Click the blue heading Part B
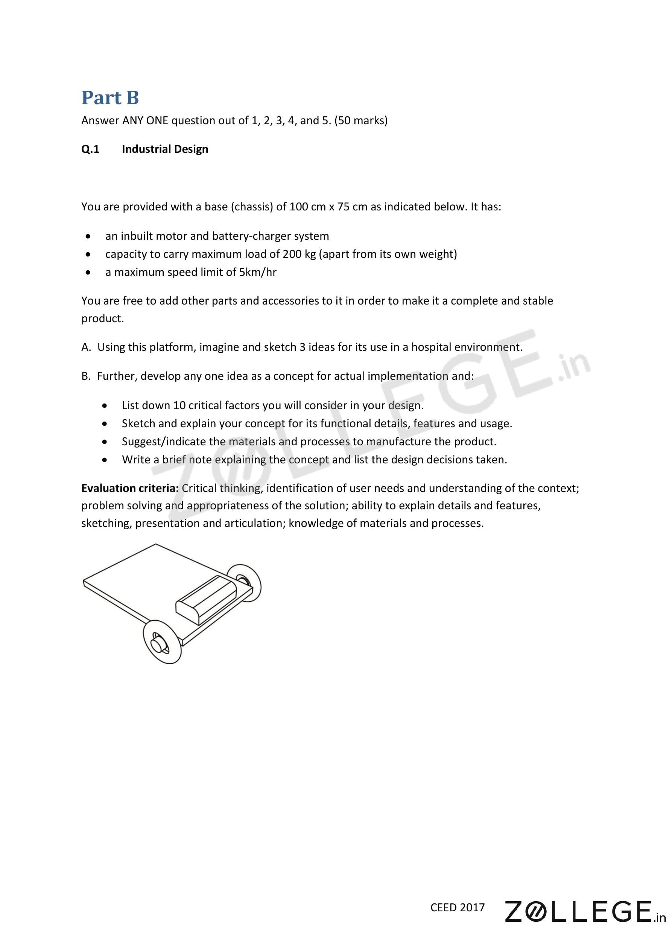click(110, 98)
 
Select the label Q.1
click(90, 149)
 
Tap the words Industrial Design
click(165, 149)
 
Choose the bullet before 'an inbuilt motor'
click(88, 237)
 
